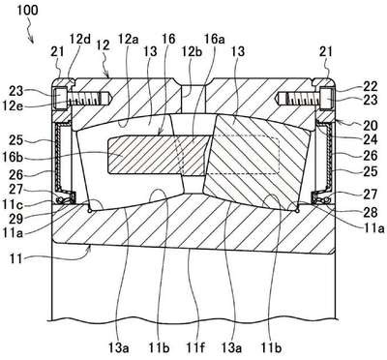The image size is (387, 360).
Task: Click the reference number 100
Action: [27, 10]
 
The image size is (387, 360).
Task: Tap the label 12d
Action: [80, 40]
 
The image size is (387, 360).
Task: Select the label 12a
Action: [128, 40]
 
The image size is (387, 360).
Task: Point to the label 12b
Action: [192, 51]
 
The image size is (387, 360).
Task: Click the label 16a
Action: [215, 40]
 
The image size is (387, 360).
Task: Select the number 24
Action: [370, 140]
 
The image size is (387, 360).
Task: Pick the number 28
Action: [370, 213]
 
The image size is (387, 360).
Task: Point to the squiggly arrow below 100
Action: [30, 31]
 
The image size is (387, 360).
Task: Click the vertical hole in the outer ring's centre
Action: [193, 97]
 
